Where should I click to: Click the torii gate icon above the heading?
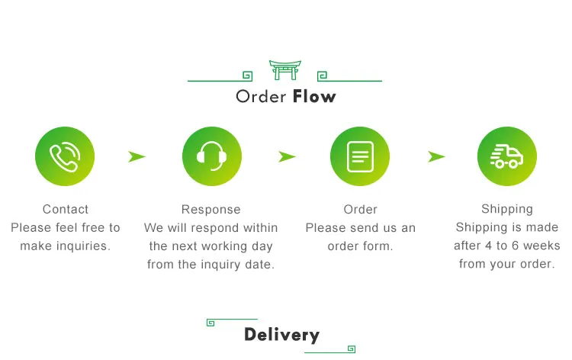pyautogui.click(x=284, y=69)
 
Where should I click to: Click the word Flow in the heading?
pyautogui.click(x=313, y=97)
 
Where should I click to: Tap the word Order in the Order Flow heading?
pyautogui.click(x=261, y=97)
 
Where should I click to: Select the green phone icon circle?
pyautogui.click(x=65, y=156)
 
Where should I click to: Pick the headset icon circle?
pyautogui.click(x=211, y=156)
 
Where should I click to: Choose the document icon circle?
pyautogui.click(x=360, y=156)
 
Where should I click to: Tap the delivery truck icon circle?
pyautogui.click(x=507, y=156)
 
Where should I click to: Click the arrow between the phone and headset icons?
pyautogui.click(x=137, y=156)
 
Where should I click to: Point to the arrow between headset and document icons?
pyautogui.click(x=287, y=156)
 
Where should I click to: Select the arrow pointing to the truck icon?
pyautogui.click(x=436, y=156)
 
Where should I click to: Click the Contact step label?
pyautogui.click(x=66, y=209)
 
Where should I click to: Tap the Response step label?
pyautogui.click(x=211, y=209)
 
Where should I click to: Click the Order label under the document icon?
pyautogui.click(x=361, y=209)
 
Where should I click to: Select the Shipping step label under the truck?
pyautogui.click(x=507, y=209)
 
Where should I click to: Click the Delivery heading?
pyautogui.click(x=281, y=335)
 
